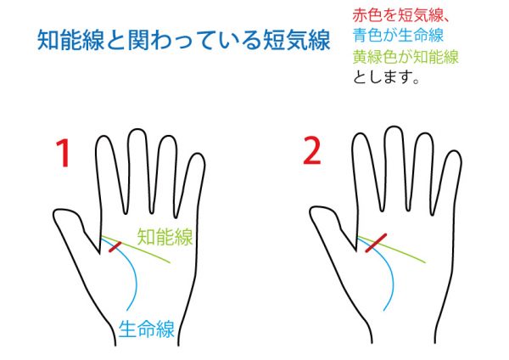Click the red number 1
[64, 153]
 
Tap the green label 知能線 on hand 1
[165, 237]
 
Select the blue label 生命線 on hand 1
[147, 329]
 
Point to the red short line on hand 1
[115, 246]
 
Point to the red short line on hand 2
[376, 243]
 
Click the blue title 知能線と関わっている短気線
[184, 40]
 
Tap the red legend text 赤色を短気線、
[401, 15]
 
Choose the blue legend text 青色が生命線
[399, 35]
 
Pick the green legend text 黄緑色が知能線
[406, 57]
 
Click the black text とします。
[386, 77]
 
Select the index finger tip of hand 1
[105, 137]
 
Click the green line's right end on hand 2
[426, 262]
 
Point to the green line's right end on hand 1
[170, 262]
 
